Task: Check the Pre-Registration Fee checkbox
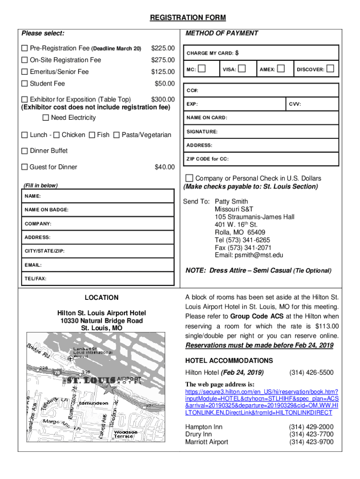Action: coord(25,49)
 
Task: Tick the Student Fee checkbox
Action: coord(25,84)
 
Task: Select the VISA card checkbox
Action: coord(242,69)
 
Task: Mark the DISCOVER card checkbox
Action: coord(330,69)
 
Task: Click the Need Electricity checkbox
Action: coord(46,117)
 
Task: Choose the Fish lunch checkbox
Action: coord(92,135)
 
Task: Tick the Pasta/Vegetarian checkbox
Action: coord(116,135)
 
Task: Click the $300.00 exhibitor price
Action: coord(163,99)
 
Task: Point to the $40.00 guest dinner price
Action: coord(165,167)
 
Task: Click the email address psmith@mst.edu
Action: coord(259,255)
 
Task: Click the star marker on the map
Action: coord(110,389)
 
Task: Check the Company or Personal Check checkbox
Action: coord(189,178)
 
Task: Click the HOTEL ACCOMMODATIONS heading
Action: coord(229,361)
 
